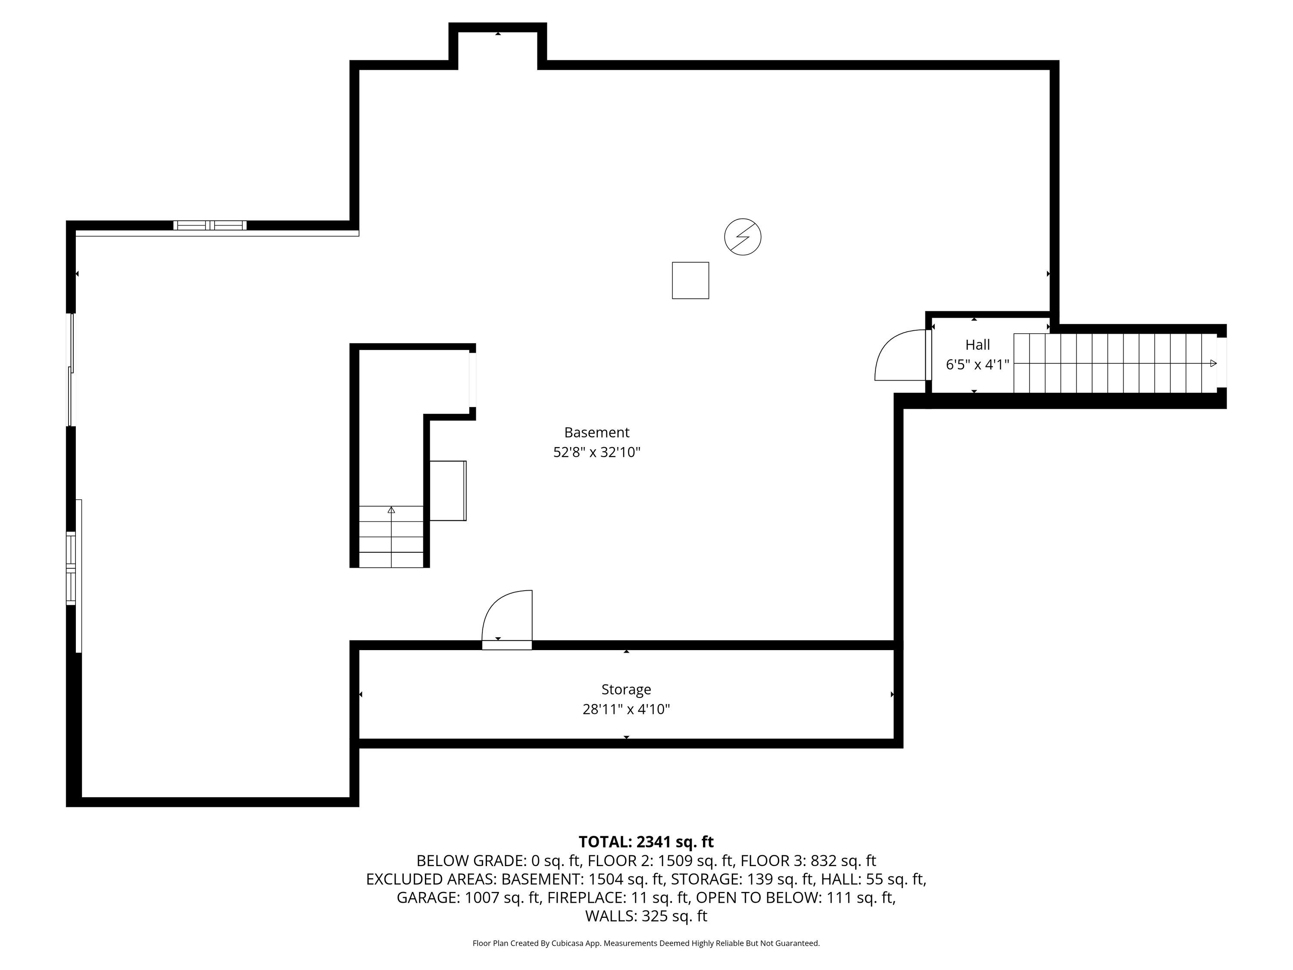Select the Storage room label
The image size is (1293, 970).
(x=626, y=690)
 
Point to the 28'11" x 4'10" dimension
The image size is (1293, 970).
(x=626, y=709)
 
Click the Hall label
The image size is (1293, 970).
(x=978, y=344)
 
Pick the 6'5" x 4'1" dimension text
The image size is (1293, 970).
(x=978, y=365)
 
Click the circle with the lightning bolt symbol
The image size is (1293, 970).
(x=742, y=237)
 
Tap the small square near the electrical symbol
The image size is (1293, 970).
(x=690, y=281)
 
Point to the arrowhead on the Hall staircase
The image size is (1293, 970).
(x=1213, y=364)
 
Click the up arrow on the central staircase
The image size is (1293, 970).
(x=391, y=510)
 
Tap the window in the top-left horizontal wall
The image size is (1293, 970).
(x=210, y=225)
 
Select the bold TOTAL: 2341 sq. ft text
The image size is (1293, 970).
(x=646, y=842)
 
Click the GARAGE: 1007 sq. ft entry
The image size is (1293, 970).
(x=468, y=898)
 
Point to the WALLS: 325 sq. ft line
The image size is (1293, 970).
(x=646, y=916)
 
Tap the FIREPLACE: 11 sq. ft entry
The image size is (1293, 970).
(x=617, y=898)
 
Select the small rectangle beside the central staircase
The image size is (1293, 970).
(x=448, y=491)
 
